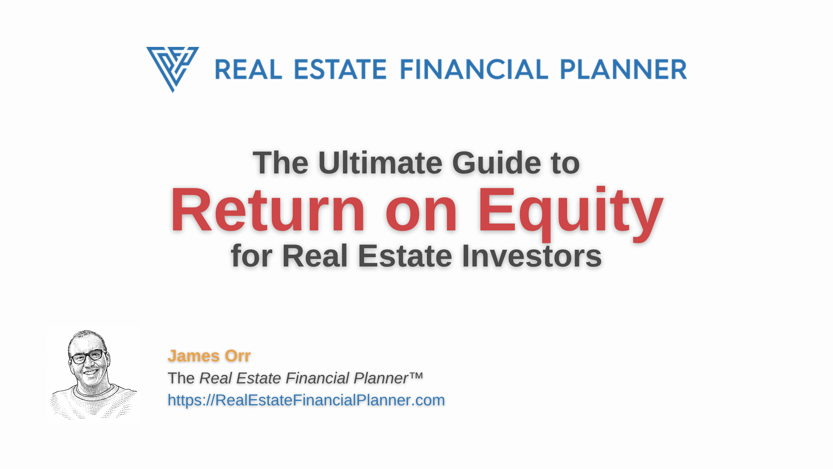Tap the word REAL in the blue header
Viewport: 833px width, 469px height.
coord(249,70)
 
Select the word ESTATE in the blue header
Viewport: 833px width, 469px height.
coord(340,70)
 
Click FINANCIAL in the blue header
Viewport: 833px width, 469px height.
coord(474,70)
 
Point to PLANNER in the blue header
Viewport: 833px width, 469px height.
coord(623,70)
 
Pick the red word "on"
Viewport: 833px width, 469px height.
coord(421,216)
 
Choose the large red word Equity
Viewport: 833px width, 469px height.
coord(570,214)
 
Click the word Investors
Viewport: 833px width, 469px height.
coord(531,256)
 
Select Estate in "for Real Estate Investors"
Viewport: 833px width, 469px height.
coord(405,256)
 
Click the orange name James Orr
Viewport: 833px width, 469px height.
coord(209,356)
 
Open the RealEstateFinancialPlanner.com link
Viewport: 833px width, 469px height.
coord(306,400)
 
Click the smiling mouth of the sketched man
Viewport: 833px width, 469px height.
coord(90,371)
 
